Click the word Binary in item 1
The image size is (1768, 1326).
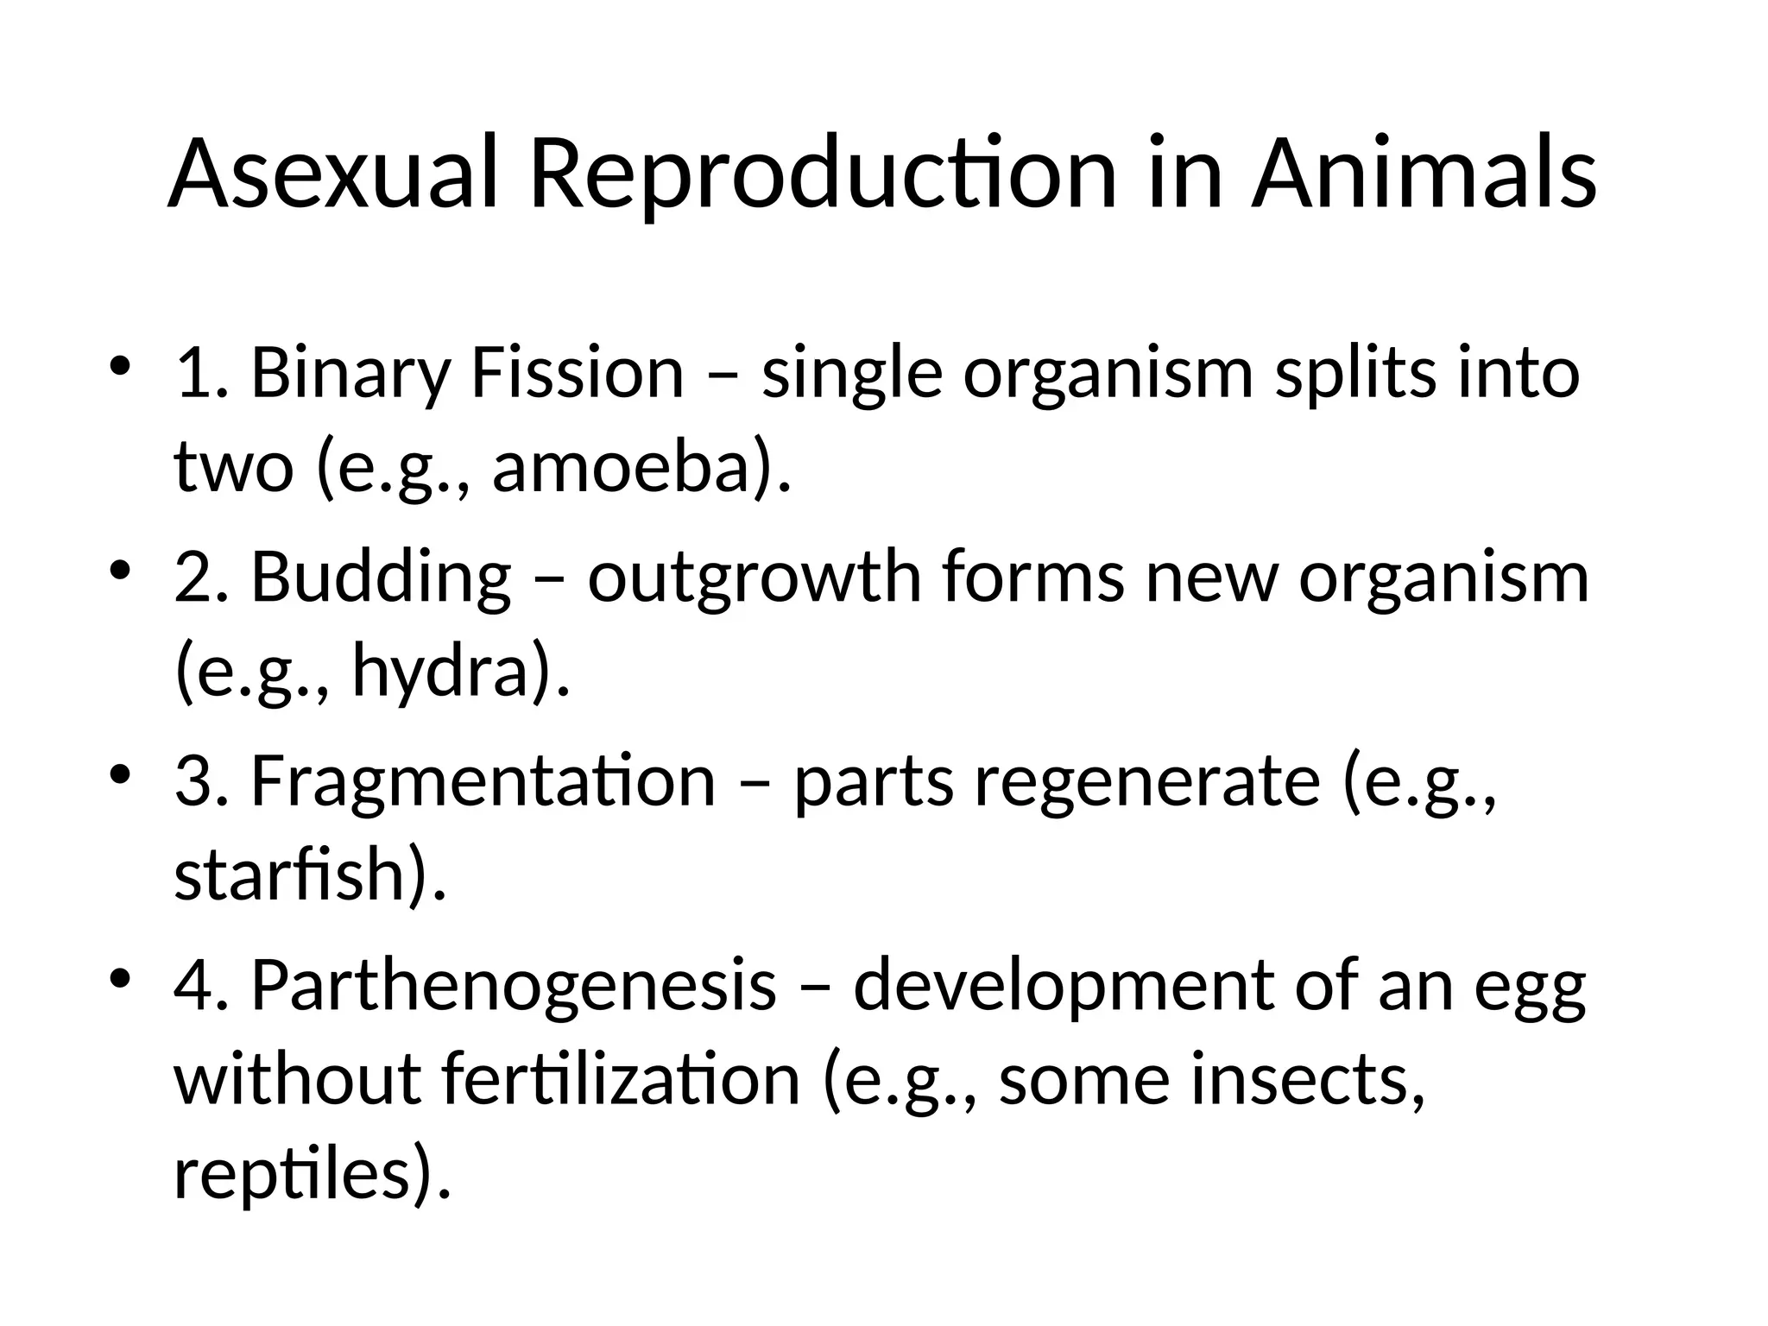(350, 373)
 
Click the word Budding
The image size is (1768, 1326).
(381, 577)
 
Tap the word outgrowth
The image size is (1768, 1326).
(755, 577)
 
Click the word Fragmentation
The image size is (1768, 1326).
(483, 780)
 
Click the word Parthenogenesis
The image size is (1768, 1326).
(514, 984)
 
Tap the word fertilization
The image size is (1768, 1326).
(621, 1078)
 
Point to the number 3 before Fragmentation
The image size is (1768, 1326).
(192, 780)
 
